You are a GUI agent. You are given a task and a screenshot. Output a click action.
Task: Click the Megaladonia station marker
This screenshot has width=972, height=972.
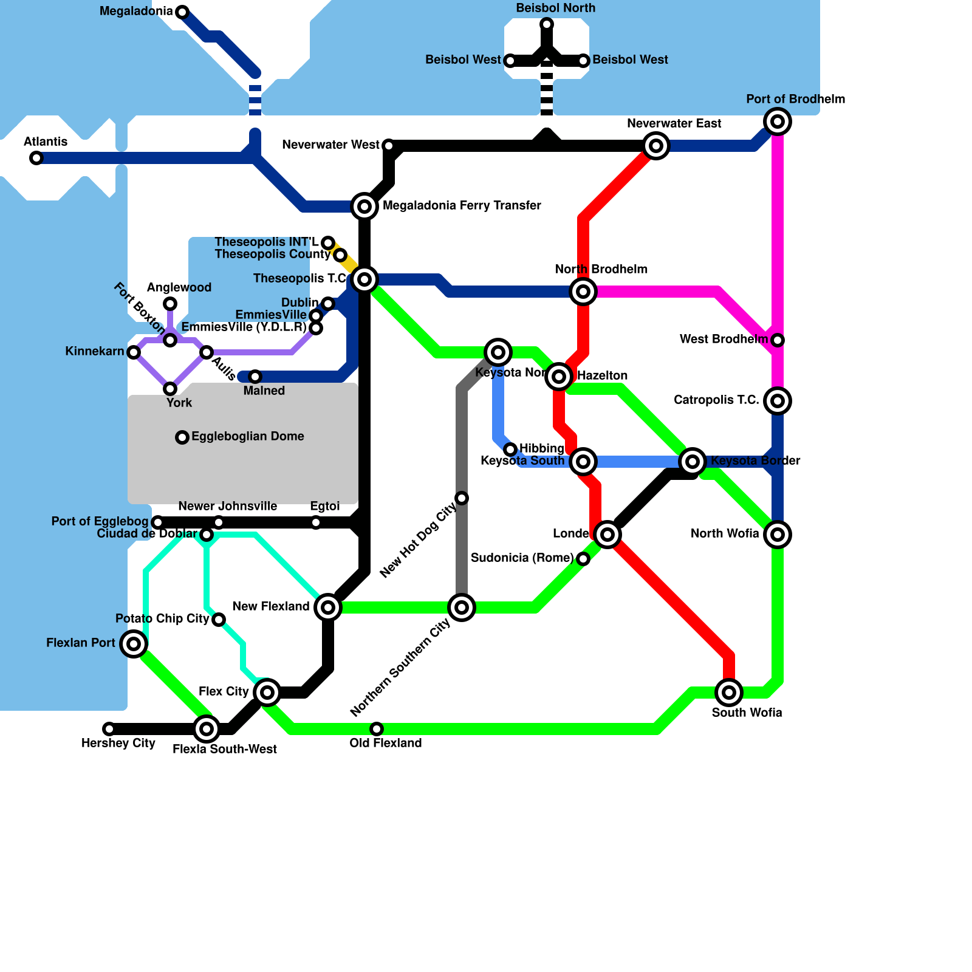182,12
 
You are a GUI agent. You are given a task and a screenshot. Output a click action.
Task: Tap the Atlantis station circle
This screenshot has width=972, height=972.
36,158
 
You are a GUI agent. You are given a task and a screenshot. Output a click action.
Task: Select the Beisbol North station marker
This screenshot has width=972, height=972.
547,24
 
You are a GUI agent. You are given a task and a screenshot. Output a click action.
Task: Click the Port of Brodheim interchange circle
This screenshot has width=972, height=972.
778,122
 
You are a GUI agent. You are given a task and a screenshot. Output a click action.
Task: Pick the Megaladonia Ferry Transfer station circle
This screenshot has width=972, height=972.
364,207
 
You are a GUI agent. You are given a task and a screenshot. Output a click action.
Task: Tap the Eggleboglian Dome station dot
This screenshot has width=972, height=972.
182,437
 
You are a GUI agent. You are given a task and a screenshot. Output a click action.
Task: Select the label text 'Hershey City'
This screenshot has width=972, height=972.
118,744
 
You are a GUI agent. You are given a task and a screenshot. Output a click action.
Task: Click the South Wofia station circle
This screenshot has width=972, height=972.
729,693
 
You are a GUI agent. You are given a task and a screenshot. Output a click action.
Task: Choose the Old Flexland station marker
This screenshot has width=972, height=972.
377,729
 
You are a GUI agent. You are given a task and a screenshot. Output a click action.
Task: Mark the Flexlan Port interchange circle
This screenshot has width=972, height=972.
134,643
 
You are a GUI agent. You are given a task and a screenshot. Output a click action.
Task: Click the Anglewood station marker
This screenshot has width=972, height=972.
171,304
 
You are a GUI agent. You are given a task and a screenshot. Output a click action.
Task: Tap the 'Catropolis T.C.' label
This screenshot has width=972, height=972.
716,400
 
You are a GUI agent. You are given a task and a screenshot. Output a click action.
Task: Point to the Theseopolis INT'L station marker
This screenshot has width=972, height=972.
328,243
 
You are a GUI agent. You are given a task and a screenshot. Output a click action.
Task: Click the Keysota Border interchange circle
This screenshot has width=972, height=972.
693,462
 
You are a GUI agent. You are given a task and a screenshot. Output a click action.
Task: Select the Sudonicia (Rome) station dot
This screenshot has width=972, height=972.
583,559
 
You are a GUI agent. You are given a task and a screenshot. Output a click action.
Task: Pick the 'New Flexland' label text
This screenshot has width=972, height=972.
271,607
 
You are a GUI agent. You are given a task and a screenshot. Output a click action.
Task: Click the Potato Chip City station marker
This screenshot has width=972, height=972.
219,620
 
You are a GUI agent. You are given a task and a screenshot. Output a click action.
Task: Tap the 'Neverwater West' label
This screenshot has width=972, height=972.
330,145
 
